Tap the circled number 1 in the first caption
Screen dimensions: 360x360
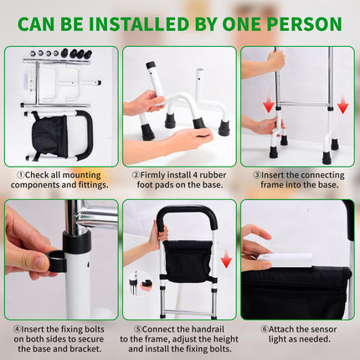point(21,175)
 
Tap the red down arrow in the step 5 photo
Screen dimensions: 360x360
point(226,258)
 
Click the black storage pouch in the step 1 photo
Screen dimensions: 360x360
point(49,136)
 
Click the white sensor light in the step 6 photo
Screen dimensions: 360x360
point(285,260)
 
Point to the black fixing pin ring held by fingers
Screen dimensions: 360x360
point(57,261)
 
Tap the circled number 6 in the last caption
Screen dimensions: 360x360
point(265,329)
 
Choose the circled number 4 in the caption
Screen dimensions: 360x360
point(18,329)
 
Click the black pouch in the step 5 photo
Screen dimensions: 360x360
point(188,261)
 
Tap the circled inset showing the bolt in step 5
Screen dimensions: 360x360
point(140,283)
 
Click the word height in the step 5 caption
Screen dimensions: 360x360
point(225,339)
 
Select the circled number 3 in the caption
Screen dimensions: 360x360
point(257,175)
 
